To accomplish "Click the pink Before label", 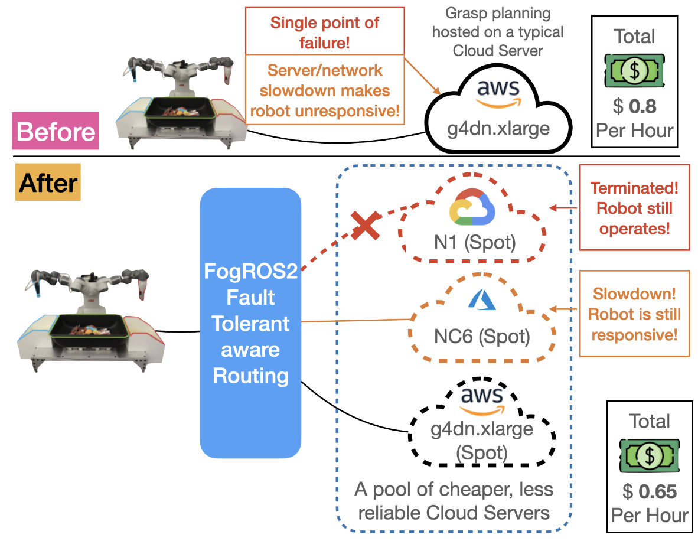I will click(x=57, y=131).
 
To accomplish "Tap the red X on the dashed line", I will click(x=366, y=226).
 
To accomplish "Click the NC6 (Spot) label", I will click(x=482, y=336).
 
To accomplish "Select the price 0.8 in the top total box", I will click(x=641, y=106).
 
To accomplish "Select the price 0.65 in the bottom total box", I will click(x=657, y=491).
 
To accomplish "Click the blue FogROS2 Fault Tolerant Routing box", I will click(x=251, y=322).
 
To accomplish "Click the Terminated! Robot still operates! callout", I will click(x=635, y=208).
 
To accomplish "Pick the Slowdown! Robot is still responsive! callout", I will click(x=634, y=314).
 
